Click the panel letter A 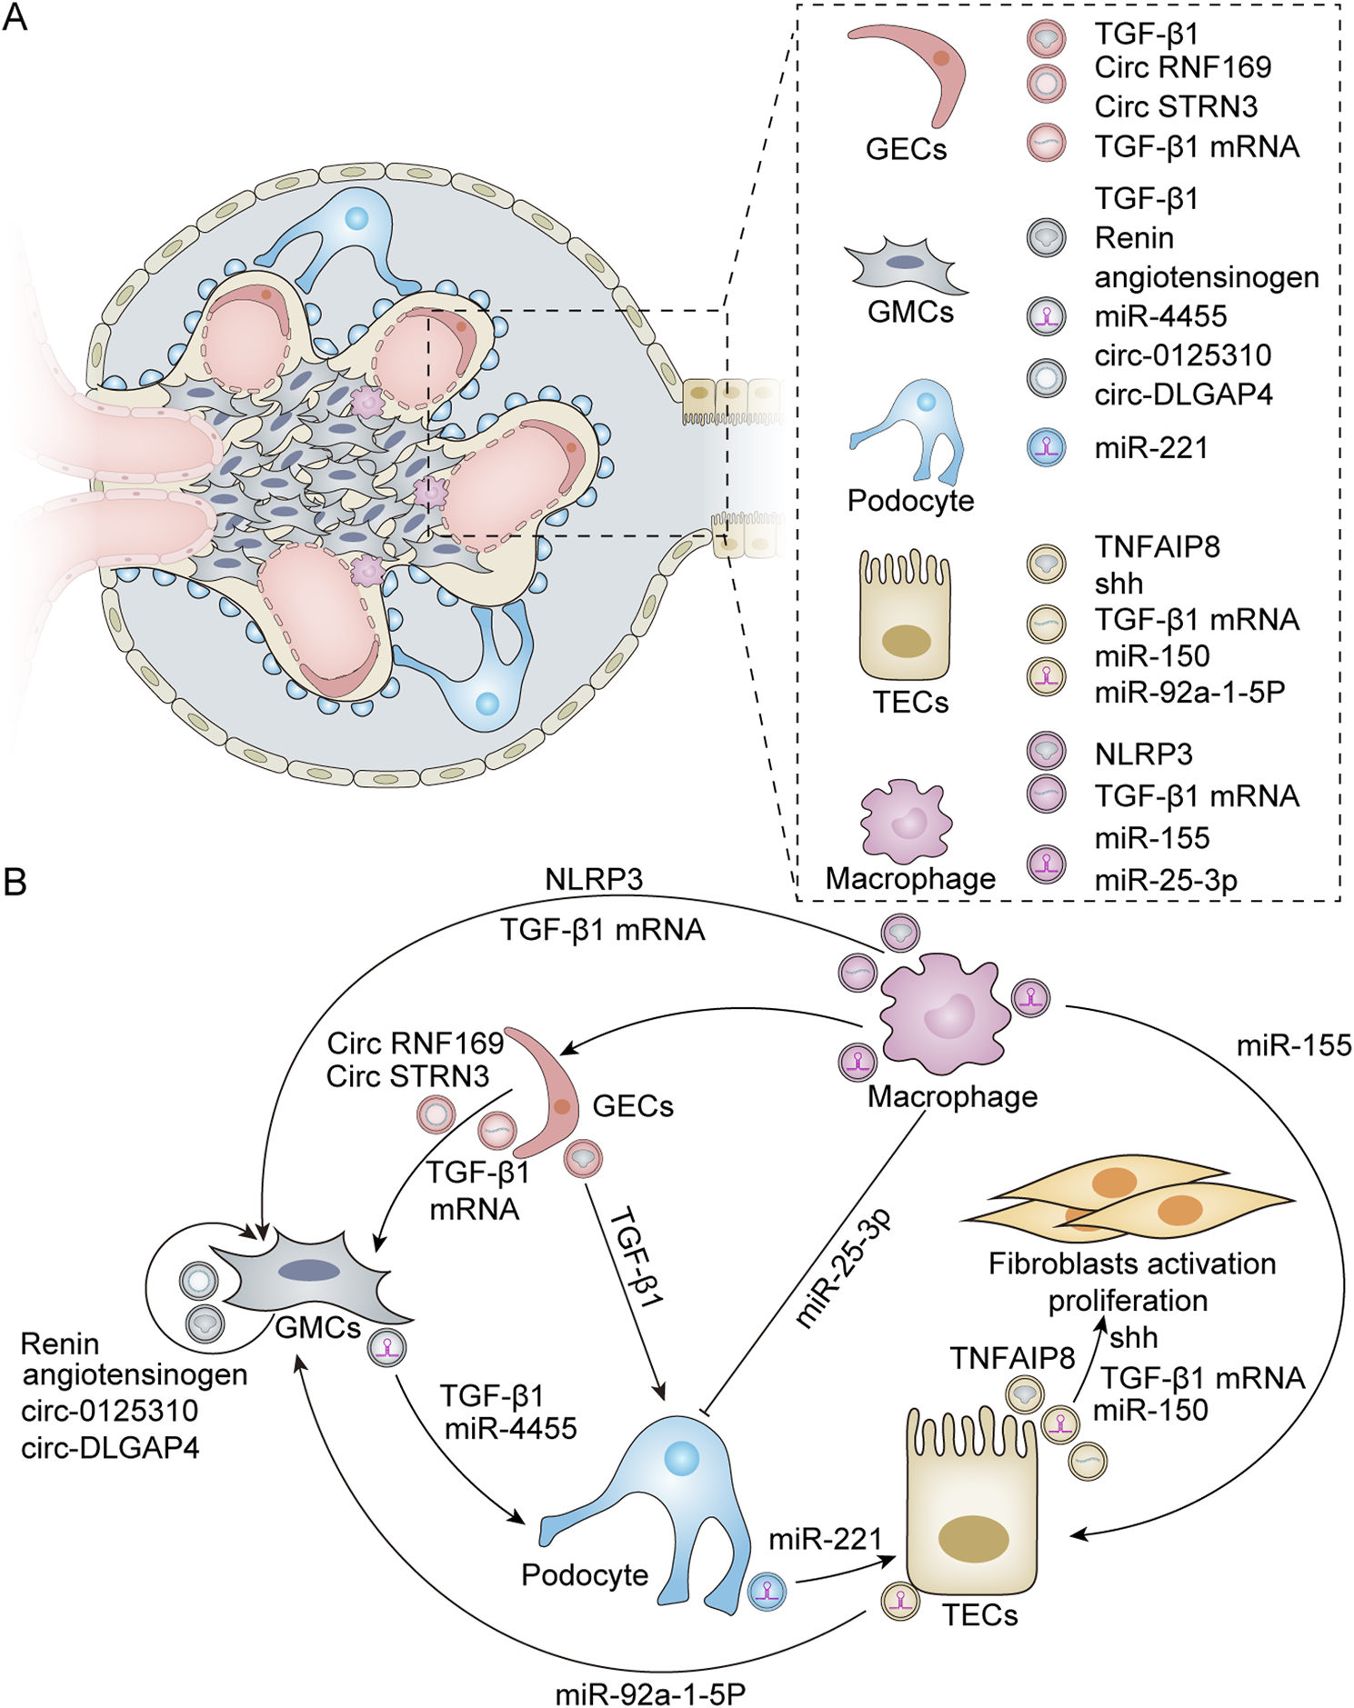15,17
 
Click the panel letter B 15,882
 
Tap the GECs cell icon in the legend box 910,73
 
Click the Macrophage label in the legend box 910,878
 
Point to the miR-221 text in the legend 1150,448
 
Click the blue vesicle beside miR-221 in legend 1046,447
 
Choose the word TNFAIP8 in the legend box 1157,546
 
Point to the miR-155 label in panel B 1293,1045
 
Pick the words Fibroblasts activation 1131,1264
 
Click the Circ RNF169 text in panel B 415,1042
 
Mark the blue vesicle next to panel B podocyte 766,1593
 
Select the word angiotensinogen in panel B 135,1374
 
